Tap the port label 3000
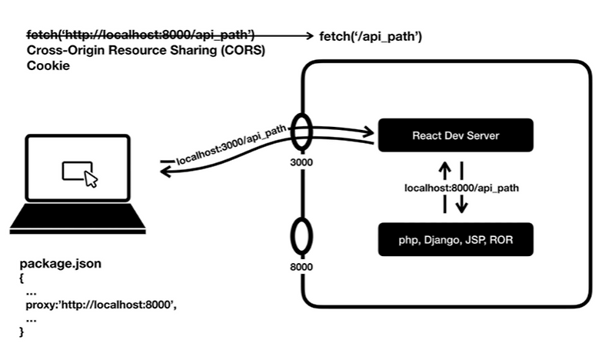point(301,164)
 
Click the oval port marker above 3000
point(301,135)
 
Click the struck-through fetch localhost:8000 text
point(141,35)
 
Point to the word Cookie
point(48,66)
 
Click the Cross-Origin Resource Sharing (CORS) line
point(145,51)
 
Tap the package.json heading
point(61,264)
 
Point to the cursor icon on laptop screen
point(91,180)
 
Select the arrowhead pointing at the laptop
point(165,171)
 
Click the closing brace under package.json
point(22,331)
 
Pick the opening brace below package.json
point(22,278)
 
